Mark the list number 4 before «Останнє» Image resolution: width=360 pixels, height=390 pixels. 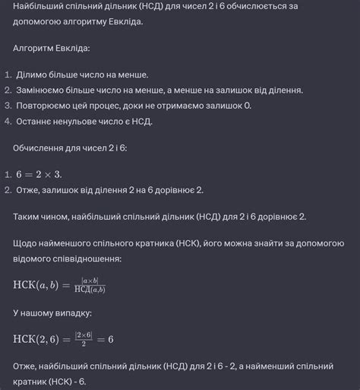click(x=7, y=120)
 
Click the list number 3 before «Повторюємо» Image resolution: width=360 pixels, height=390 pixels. click(x=7, y=105)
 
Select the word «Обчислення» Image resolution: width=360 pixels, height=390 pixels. click(x=42, y=147)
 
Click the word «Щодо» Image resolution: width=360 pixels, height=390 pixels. click(x=27, y=244)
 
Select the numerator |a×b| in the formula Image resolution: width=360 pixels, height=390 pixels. click(x=90, y=281)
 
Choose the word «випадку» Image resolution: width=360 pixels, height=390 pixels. click(x=71, y=312)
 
